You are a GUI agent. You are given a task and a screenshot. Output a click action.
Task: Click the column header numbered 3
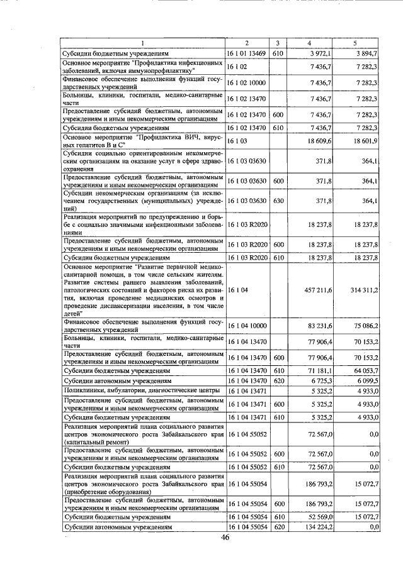click(278, 43)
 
